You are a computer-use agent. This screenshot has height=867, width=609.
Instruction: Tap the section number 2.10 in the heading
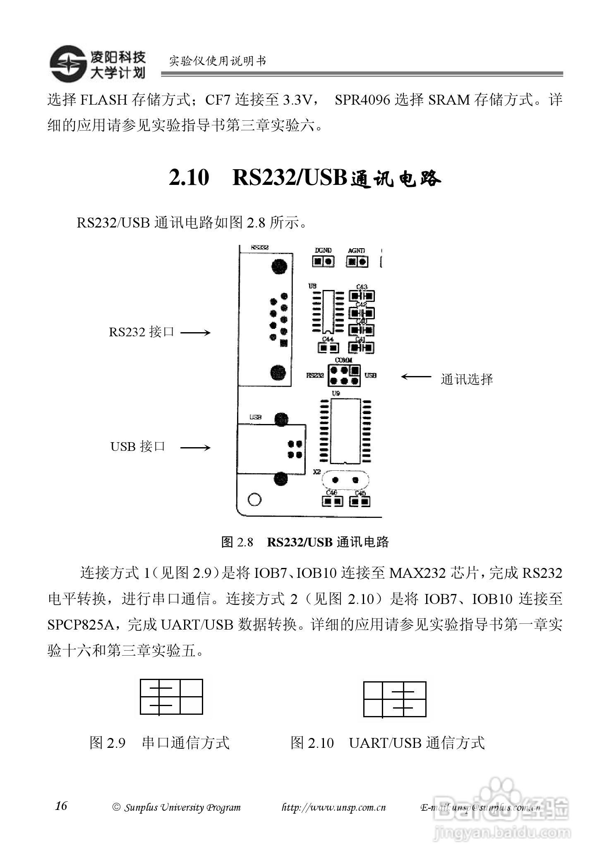point(189,178)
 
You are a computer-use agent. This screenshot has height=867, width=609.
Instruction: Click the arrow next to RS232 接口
point(195,333)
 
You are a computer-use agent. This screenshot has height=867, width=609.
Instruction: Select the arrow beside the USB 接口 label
point(195,447)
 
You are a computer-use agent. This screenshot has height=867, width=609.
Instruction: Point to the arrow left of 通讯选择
point(416,376)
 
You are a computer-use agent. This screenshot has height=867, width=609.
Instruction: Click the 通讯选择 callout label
point(467,379)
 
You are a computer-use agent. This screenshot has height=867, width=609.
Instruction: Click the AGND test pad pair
point(357,261)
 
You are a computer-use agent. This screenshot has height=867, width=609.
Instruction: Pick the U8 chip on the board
point(328,311)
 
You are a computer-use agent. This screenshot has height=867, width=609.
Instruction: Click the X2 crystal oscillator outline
point(345,480)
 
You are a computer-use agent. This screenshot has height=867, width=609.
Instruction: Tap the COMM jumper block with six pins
point(344,375)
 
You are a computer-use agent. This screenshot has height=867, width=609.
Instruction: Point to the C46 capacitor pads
point(332,501)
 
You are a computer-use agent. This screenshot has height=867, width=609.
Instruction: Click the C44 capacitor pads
point(328,348)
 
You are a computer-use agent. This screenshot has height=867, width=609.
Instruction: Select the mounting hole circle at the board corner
point(254,499)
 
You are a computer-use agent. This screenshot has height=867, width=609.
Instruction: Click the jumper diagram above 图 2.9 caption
point(171,697)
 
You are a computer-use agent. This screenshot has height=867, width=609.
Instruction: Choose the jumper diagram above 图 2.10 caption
point(394,699)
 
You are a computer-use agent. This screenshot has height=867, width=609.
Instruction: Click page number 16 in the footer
point(61,806)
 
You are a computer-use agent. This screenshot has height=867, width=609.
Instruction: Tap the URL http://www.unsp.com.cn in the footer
point(333,807)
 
